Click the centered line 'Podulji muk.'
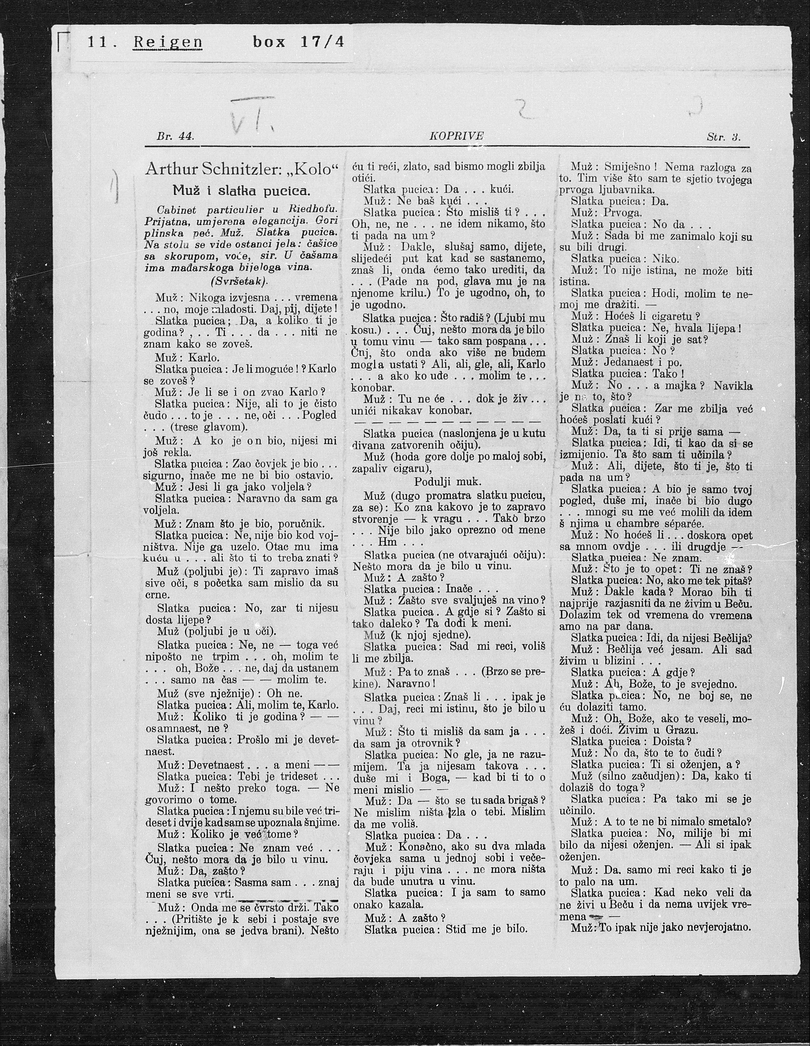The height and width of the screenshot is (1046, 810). pos(448,481)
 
